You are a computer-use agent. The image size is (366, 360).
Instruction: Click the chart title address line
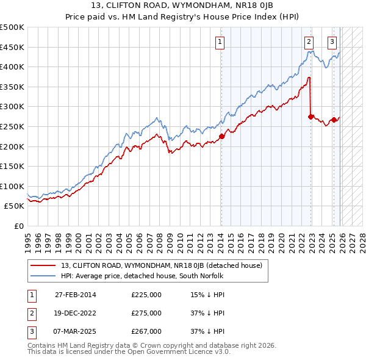pos(183,6)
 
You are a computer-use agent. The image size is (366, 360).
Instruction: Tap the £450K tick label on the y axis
pos(12,47)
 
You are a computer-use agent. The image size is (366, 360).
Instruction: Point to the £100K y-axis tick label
pos(12,186)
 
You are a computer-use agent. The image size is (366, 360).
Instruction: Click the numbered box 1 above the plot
pos(220,42)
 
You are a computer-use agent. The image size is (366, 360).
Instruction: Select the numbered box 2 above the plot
pos(309,42)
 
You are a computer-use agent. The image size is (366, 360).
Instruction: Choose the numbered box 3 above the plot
pos(332,42)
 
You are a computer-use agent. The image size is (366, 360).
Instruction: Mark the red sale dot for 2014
pos(221,136)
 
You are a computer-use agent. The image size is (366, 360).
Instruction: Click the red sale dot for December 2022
pos(311,117)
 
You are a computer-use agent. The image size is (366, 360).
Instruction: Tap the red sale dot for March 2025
pos(334,120)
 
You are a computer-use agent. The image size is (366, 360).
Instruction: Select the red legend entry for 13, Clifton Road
pos(162,265)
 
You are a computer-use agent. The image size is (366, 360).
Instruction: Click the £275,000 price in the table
pos(146,313)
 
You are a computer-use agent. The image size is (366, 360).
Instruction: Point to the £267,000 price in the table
pos(146,331)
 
